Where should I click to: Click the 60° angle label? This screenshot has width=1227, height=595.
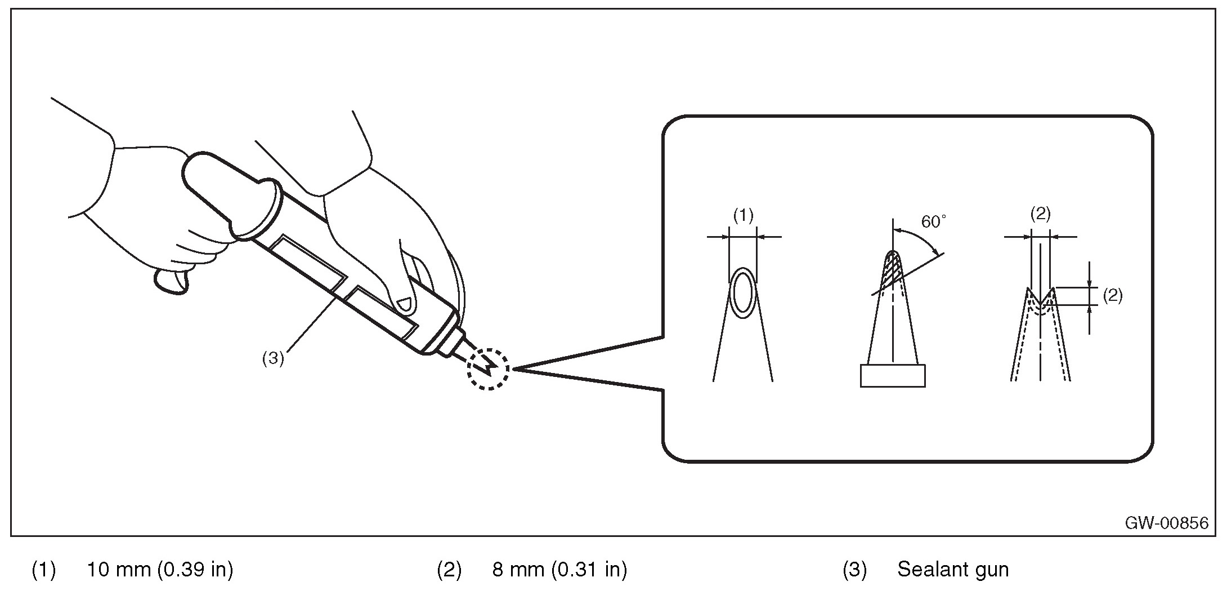tap(933, 223)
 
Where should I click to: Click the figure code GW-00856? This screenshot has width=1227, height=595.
tap(1166, 523)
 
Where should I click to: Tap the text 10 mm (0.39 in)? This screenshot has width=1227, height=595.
tap(159, 570)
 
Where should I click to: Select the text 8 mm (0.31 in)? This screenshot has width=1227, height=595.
tap(559, 570)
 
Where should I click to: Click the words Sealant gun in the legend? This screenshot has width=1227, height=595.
tap(952, 570)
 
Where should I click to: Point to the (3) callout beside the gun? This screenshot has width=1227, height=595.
tap(273, 359)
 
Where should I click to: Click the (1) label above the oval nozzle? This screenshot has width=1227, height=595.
tap(743, 215)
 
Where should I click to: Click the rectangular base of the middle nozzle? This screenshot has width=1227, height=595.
tap(892, 376)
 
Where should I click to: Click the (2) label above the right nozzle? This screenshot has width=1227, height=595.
tap(1040, 214)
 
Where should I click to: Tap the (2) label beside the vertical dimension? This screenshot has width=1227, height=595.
tap(1112, 295)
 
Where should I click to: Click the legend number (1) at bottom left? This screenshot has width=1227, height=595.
tap(43, 570)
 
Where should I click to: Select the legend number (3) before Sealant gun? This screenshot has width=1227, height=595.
tap(854, 570)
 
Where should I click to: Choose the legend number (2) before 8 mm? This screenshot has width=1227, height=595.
tap(449, 570)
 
